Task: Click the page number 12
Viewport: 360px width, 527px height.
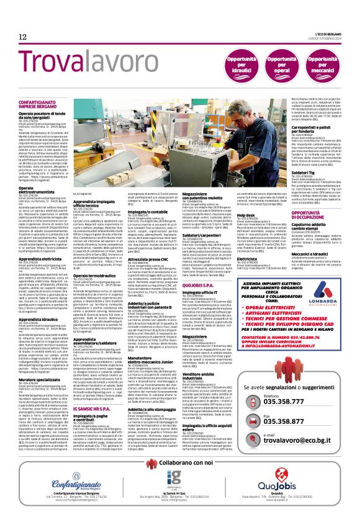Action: click(22, 37)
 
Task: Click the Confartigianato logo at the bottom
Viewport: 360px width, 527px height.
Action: click(60, 478)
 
